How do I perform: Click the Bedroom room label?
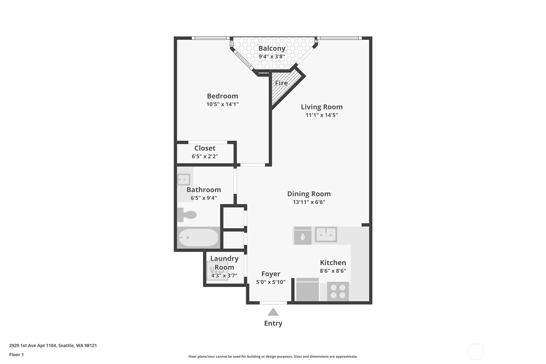(222, 96)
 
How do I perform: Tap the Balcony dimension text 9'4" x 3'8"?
(272, 57)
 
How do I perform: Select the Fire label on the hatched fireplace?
(281, 83)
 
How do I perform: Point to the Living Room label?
(321, 107)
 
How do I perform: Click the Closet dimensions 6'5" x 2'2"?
(205, 156)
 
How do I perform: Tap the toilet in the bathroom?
(187, 215)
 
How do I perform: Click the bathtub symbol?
(199, 238)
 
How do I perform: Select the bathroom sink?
(184, 180)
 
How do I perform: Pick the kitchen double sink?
(326, 235)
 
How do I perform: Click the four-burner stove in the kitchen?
(338, 291)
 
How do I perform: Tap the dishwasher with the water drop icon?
(302, 236)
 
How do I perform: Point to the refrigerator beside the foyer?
(307, 290)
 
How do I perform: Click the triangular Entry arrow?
(273, 312)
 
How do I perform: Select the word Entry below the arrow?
(273, 323)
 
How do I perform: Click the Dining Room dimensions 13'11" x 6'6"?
(309, 202)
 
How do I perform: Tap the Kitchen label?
(333, 263)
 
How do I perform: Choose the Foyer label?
(271, 274)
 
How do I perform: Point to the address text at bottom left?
(53, 345)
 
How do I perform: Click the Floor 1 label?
(16, 355)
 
